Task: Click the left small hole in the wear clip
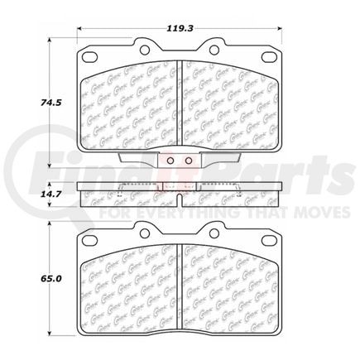(170, 161)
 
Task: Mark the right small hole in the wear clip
(188, 161)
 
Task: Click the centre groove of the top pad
(180, 108)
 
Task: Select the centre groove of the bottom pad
(180, 290)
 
